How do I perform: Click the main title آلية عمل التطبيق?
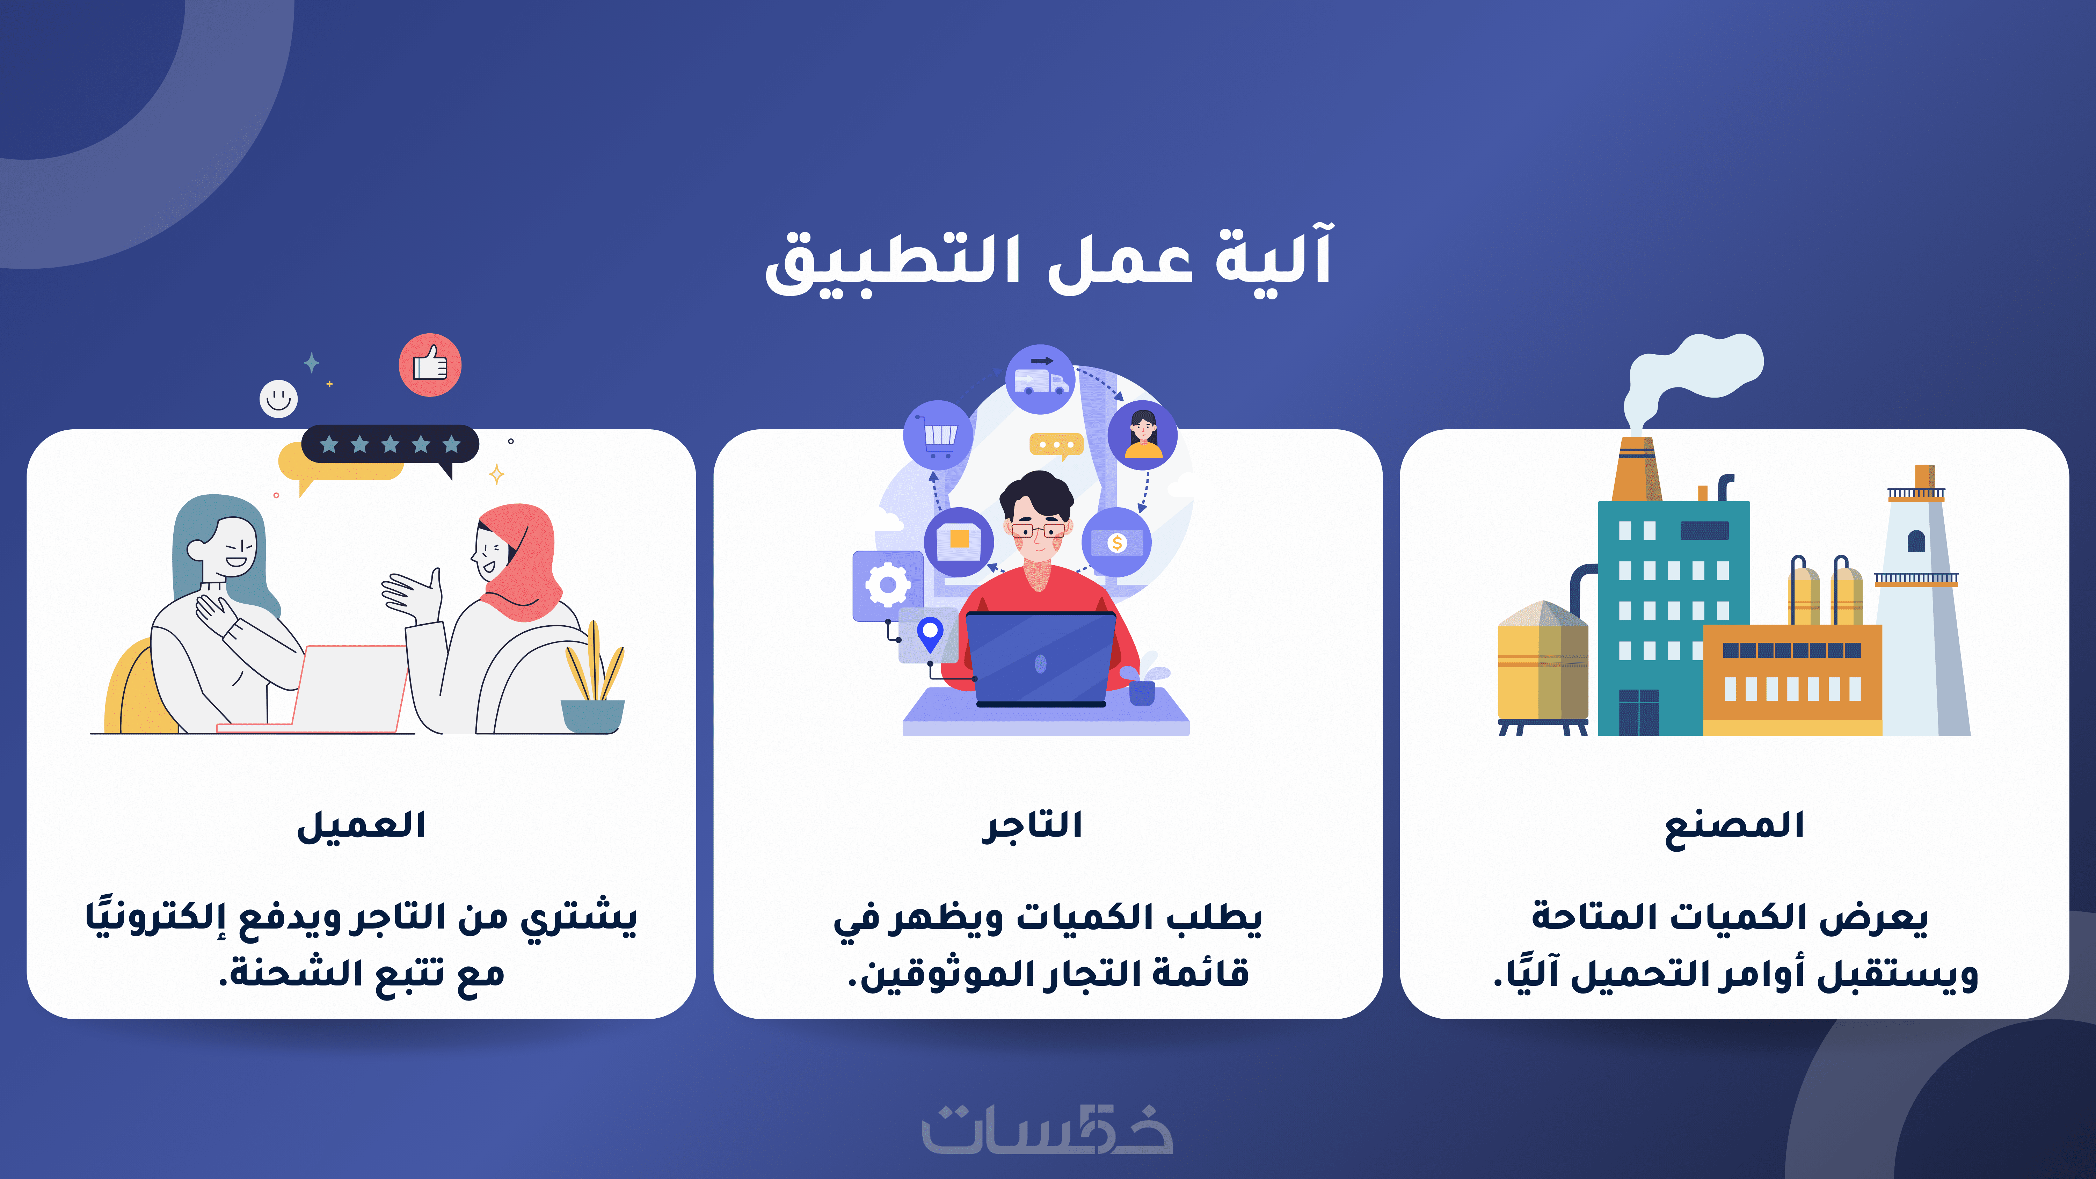tap(1048, 259)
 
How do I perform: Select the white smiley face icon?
tap(278, 399)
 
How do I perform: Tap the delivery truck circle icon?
tap(1040, 379)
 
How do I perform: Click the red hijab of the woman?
tap(521, 561)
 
